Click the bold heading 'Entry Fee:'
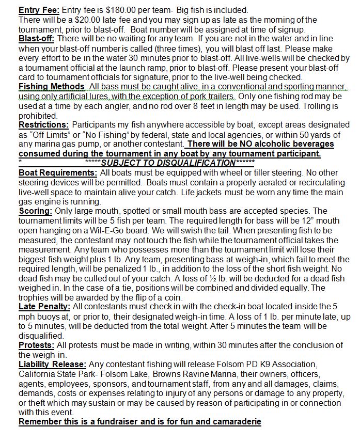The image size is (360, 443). (39, 10)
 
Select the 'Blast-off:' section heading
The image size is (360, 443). (37, 39)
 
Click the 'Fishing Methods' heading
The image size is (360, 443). (51, 86)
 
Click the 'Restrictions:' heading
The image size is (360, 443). (43, 124)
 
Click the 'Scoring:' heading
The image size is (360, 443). (36, 211)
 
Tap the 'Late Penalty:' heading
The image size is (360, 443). (44, 306)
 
